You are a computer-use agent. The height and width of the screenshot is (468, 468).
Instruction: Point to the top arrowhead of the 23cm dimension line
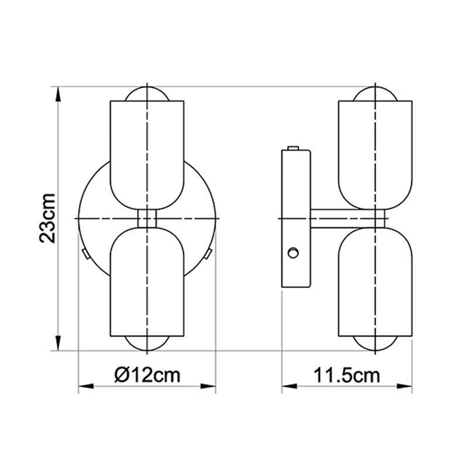coord(58,94)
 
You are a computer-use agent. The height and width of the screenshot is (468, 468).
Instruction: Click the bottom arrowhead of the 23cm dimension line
coord(58,344)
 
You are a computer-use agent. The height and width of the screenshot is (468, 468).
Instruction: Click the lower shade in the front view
coord(147,281)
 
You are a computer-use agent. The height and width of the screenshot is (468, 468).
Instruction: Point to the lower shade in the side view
coord(376,281)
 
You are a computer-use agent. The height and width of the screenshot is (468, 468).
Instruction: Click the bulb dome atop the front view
coord(147,94)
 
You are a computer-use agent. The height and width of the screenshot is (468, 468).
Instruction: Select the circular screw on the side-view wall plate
coord(294,253)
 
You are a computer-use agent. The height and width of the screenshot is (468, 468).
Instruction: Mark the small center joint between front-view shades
coord(147,218)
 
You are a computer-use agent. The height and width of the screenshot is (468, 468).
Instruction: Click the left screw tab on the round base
coord(85,254)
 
